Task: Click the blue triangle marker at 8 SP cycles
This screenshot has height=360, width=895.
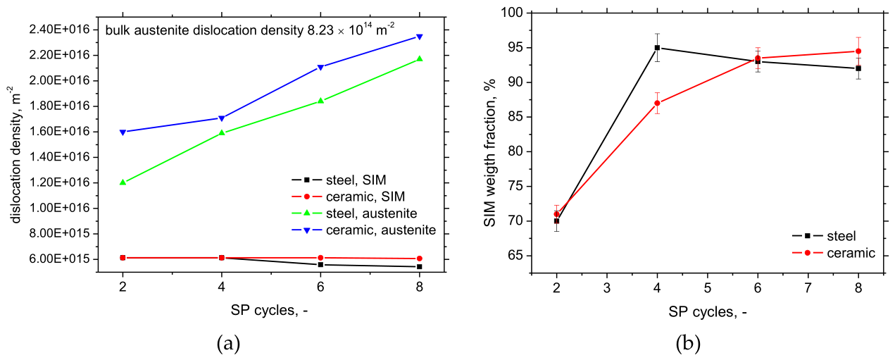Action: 419,37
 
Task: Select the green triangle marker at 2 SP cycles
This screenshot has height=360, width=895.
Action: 123,182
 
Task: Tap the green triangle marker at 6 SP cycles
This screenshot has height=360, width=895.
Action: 320,100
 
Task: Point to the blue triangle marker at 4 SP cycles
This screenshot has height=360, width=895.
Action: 222,118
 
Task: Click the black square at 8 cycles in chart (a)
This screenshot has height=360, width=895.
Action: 419,266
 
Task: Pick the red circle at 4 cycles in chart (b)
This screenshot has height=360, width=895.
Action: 657,103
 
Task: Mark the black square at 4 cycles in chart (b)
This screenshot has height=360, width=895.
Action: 657,47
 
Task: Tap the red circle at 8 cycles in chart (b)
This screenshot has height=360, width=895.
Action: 858,51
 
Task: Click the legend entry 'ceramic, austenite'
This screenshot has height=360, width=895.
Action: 363,230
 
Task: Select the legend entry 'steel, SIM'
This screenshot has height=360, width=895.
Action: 339,180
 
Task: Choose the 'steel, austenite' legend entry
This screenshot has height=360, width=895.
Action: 354,213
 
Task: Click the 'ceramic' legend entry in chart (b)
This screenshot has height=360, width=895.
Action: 834,253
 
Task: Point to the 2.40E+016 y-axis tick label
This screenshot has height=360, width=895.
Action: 60,29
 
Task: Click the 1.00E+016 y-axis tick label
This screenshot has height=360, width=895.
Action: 60,208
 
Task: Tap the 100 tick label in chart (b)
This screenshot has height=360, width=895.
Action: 511,13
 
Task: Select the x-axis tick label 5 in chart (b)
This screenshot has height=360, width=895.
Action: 707,287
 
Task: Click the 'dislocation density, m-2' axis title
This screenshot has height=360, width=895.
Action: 15,154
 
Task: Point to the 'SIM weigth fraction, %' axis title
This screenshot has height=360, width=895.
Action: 490,153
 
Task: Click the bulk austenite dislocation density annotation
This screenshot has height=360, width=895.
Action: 250,30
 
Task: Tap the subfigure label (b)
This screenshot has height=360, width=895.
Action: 688,343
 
